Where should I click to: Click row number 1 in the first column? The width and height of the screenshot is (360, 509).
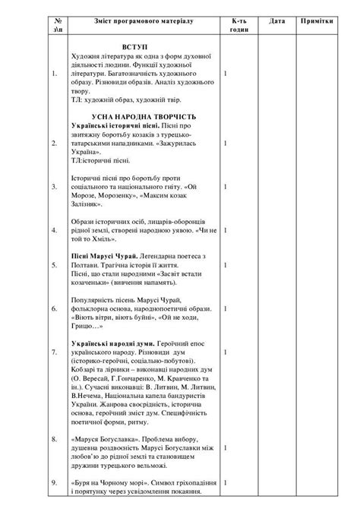coord(52,74)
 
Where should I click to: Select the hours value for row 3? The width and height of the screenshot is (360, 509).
coord(226,186)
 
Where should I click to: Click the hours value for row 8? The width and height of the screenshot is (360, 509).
coord(226,438)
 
